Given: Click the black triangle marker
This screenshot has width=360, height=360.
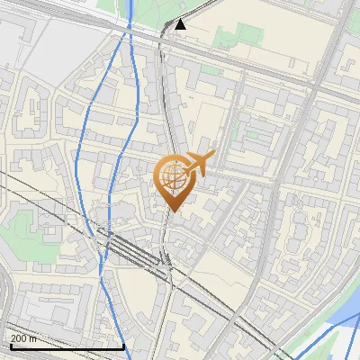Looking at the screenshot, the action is [181, 24].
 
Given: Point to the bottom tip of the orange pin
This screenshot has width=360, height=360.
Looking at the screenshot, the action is [171, 211].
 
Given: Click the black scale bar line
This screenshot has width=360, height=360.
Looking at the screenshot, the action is [67, 346].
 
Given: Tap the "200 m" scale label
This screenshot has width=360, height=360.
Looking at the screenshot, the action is [24, 337].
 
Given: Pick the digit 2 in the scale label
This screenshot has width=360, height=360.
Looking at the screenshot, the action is [13, 337].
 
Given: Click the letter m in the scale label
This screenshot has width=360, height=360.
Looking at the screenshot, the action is [33, 338].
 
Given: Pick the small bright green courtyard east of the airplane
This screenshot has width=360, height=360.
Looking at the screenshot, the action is [253, 134].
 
